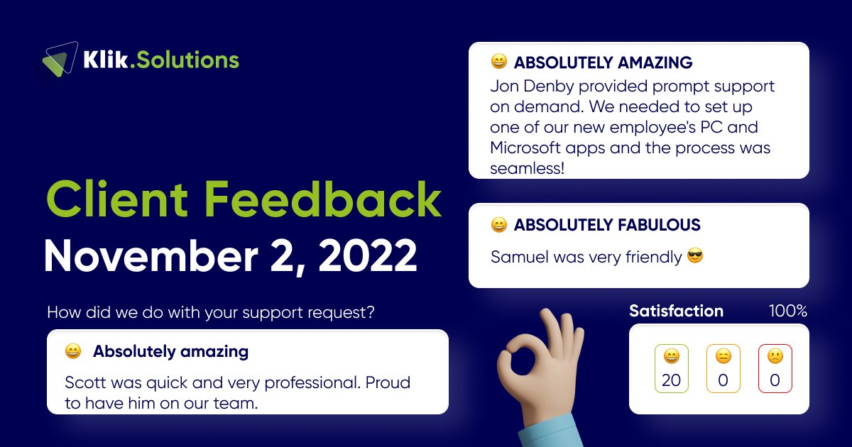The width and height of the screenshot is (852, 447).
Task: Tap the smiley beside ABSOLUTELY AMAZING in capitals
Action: pos(499,62)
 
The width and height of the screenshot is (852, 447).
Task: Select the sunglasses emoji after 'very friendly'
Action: pos(696,256)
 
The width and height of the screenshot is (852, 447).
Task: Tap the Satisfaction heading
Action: pos(676,311)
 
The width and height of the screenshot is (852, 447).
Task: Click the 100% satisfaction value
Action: pos(787,311)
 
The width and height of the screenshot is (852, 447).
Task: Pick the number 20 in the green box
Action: pos(671,380)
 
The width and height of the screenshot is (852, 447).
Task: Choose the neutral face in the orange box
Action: pos(723,357)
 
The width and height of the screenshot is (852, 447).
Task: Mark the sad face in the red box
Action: pos(775,357)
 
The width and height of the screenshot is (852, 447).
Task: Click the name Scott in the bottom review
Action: pos(84,382)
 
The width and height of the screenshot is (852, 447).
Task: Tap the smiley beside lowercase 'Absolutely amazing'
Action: pos(72,351)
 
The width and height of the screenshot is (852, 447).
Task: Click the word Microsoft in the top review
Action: pos(527,148)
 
